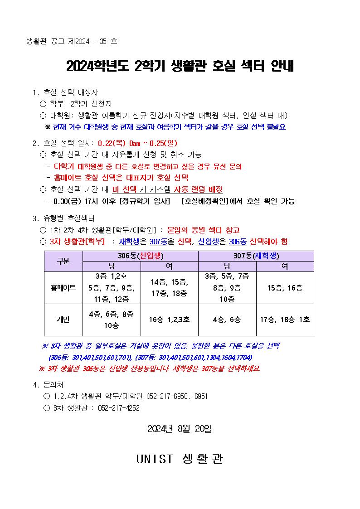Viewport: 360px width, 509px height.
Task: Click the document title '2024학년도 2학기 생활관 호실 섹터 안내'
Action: coord(180,66)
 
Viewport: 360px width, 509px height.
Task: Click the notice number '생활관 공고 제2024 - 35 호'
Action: coord(72,41)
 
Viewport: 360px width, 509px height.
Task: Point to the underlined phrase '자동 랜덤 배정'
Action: coord(199,189)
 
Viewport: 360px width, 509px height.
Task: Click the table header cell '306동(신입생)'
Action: coord(141,256)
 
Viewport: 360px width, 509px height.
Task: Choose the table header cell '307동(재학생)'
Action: coord(256,256)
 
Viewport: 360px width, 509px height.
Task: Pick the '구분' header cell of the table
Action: coord(63,261)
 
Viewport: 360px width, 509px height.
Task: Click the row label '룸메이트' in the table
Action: coord(63,288)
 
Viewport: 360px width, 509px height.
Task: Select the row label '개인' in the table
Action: coord(63,320)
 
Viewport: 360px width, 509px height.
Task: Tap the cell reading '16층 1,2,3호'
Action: coord(170,320)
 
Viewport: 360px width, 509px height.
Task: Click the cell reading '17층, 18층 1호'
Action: coord(285,320)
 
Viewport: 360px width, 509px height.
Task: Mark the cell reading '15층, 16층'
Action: coord(285,288)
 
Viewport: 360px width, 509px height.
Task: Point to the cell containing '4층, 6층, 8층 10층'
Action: coord(112,320)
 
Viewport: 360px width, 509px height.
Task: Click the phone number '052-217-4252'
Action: coord(119,408)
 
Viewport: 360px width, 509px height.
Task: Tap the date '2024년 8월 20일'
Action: coord(180,429)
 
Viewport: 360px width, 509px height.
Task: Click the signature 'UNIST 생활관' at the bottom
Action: coord(180,459)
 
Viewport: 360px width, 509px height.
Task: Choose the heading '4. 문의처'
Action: coord(50,385)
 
